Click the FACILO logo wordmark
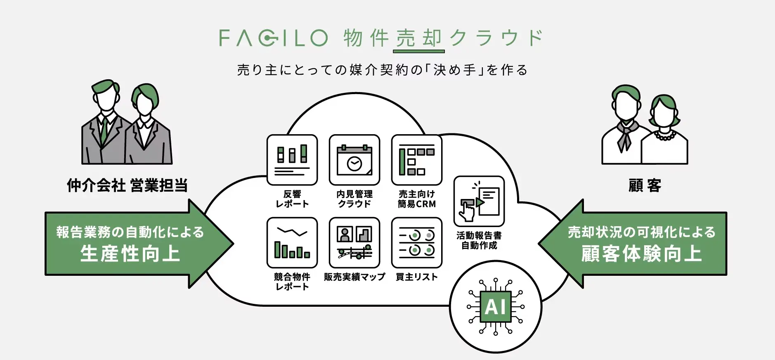coord(273,38)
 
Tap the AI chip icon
coord(495,307)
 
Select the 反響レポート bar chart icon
coord(292,160)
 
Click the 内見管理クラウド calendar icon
coord(354,160)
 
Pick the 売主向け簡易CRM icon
coord(417,160)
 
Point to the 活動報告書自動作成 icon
coord(479,201)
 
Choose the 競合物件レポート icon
coord(292,243)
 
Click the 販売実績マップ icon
coord(354,243)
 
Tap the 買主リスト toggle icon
coord(417,243)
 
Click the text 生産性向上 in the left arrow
coord(130,253)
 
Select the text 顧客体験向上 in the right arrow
coord(641,253)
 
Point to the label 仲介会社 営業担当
coord(127,185)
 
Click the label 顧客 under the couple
coord(645,185)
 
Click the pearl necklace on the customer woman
coord(665,135)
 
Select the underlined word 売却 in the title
coord(418,38)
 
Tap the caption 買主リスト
coord(417,277)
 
